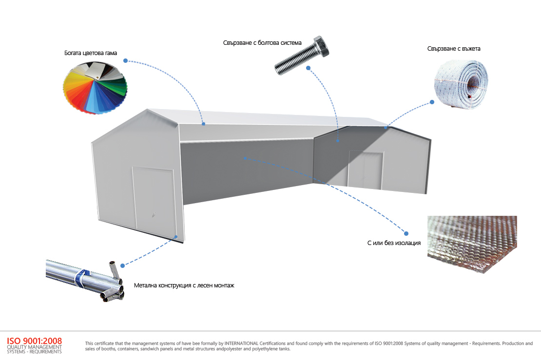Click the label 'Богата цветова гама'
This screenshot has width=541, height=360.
(x=91, y=53)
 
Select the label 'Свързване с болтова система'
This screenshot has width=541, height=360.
(x=262, y=43)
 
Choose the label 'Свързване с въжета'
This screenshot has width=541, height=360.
(x=450, y=49)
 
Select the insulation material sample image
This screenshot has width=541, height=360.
(x=471, y=244)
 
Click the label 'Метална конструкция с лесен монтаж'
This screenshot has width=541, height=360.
(x=184, y=285)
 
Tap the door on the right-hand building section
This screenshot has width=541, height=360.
(x=366, y=169)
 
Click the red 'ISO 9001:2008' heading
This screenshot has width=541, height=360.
(x=34, y=341)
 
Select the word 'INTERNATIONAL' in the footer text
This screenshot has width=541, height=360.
(x=254, y=343)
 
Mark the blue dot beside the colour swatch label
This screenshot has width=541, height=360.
(x=126, y=61)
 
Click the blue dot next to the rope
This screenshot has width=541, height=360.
(x=432, y=102)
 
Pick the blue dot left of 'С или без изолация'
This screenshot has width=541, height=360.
(x=406, y=232)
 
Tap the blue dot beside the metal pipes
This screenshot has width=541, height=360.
(x=122, y=265)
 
